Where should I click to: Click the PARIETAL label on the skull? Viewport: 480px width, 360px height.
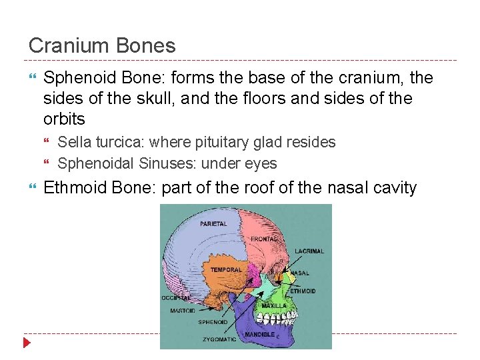[x=213, y=224]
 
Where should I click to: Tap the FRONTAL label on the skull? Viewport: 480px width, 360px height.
[x=264, y=239]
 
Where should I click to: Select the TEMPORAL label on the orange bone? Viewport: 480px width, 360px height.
[x=226, y=270]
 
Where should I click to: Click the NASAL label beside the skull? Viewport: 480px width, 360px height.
[x=300, y=273]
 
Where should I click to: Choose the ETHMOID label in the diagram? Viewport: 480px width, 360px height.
[x=303, y=291]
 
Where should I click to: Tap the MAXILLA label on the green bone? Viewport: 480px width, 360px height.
[x=273, y=305]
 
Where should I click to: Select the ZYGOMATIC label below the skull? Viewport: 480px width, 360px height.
[x=219, y=339]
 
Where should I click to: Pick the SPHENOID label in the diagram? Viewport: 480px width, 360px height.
[x=213, y=322]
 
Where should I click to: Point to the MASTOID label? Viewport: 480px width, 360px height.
[x=182, y=310]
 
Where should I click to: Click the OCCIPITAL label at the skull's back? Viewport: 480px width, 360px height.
[x=175, y=297]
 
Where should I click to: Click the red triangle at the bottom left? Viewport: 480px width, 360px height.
[x=27, y=343]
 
